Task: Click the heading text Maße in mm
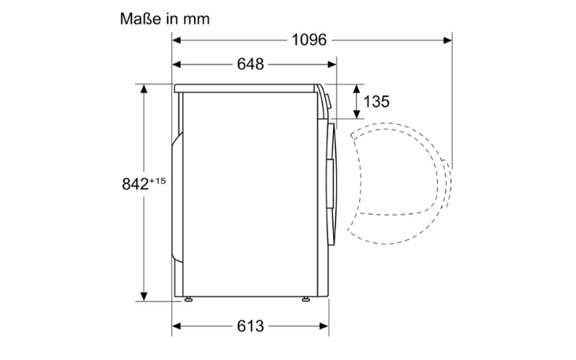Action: click(165, 19)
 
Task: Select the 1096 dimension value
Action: click(309, 39)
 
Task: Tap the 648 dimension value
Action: click(251, 64)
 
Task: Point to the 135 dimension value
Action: click(376, 102)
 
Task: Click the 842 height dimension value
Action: click(135, 184)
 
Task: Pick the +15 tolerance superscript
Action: click(158, 181)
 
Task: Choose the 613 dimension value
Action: click(251, 326)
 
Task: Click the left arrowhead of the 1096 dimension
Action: click(176, 39)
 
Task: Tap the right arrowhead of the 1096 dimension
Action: click(448, 39)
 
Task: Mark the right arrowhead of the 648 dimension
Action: click(332, 65)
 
